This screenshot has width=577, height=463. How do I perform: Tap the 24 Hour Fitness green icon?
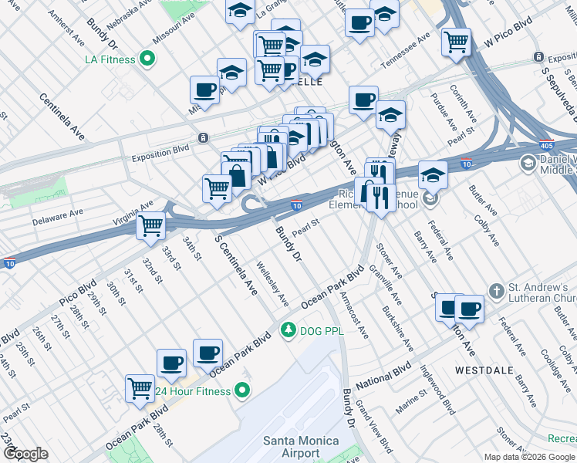[x=243, y=391]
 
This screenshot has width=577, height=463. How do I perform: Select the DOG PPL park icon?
[x=288, y=330]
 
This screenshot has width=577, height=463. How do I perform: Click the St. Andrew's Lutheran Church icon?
[x=497, y=291]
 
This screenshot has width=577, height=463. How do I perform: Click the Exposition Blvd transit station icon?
[x=202, y=138]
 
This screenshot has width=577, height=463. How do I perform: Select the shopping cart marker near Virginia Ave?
[x=150, y=225]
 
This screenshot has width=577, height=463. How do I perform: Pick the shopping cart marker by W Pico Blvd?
[x=457, y=41]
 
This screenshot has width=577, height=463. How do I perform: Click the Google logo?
[x=26, y=453]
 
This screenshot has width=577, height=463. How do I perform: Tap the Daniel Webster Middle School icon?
[x=528, y=163]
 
